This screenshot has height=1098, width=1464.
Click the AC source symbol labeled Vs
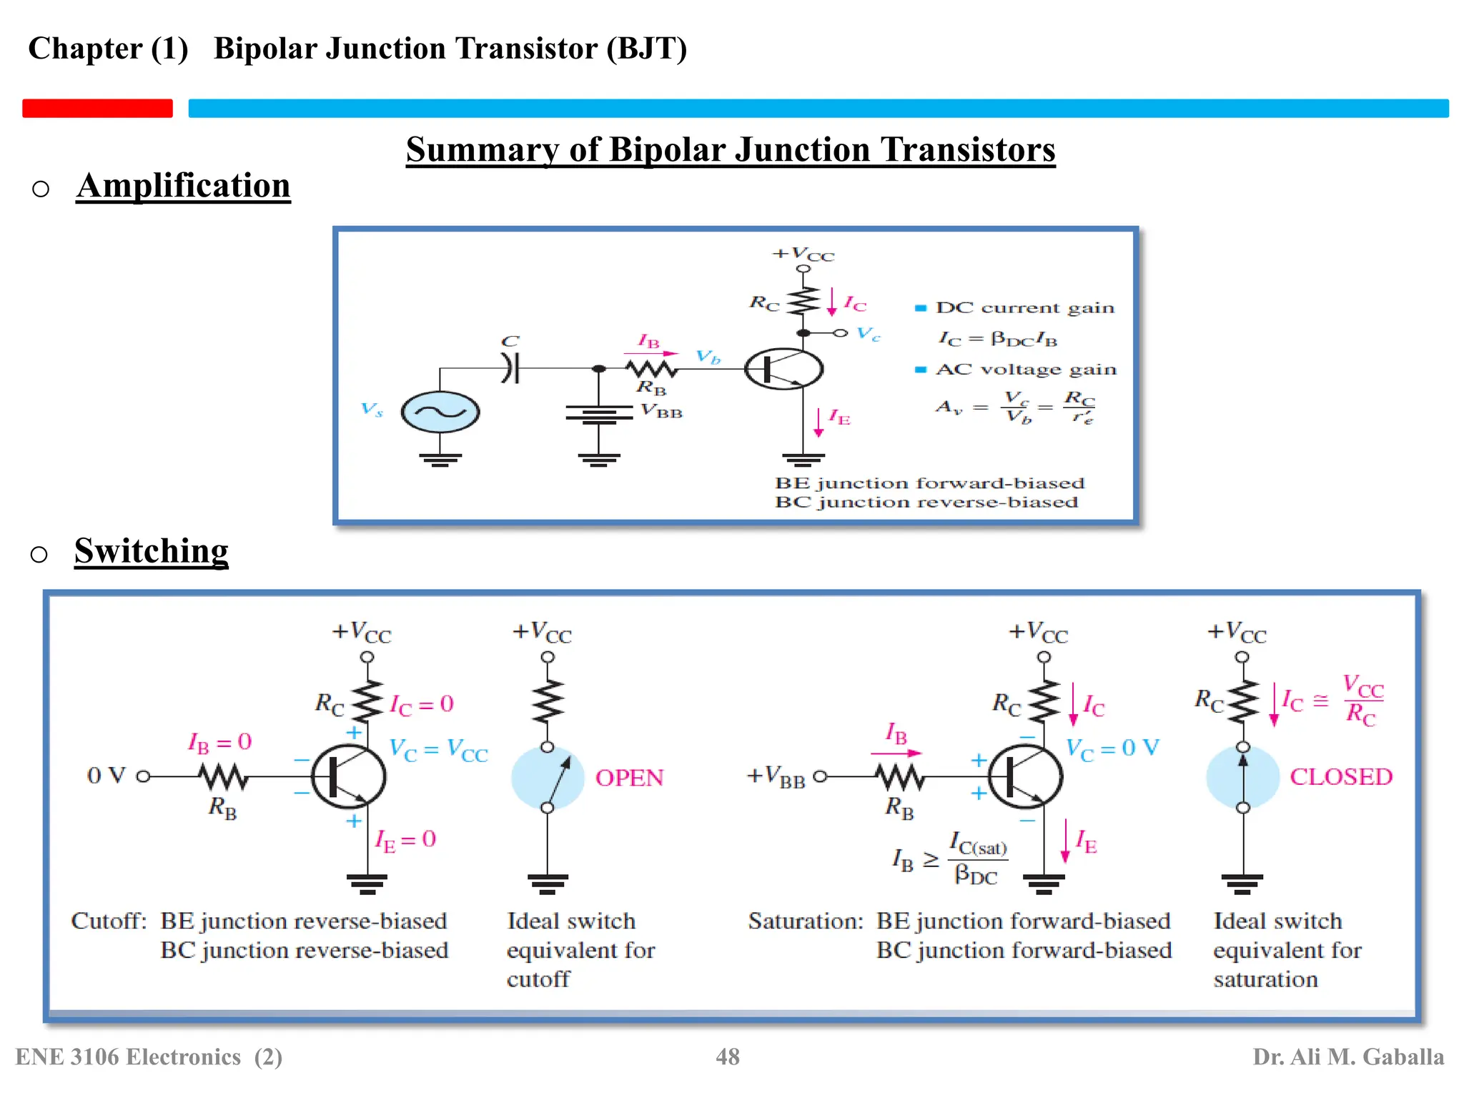[x=440, y=412]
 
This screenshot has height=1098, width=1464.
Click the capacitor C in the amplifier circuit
[x=510, y=369]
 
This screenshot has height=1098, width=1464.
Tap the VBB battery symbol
[x=599, y=414]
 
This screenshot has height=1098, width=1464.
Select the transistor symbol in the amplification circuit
[x=784, y=369]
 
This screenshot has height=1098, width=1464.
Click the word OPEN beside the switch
[x=629, y=778]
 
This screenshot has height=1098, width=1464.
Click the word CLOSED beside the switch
[x=1340, y=777]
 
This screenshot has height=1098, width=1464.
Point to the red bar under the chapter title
[x=97, y=108]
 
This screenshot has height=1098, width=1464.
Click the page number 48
[x=728, y=1057]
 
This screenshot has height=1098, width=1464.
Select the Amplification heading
[x=183, y=186]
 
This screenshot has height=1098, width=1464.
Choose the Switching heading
[x=151, y=551]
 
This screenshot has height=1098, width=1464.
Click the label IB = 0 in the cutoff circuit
[x=219, y=743]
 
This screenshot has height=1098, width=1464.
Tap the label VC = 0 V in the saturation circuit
[x=1112, y=748]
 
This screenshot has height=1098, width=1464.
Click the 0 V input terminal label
[x=106, y=776]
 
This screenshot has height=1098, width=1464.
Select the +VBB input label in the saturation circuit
[x=776, y=776]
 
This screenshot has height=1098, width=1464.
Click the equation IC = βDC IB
[x=997, y=338]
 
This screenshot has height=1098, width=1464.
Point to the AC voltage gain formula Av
[x=1015, y=407]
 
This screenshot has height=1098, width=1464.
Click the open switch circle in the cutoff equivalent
[x=548, y=778]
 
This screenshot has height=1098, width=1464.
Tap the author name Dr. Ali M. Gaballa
[x=1347, y=1057]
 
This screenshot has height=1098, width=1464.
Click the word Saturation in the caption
[x=805, y=921]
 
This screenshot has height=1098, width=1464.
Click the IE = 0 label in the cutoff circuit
[x=405, y=840]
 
